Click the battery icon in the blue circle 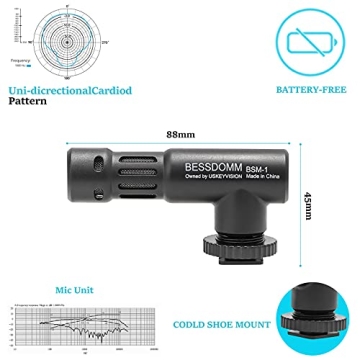307,40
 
